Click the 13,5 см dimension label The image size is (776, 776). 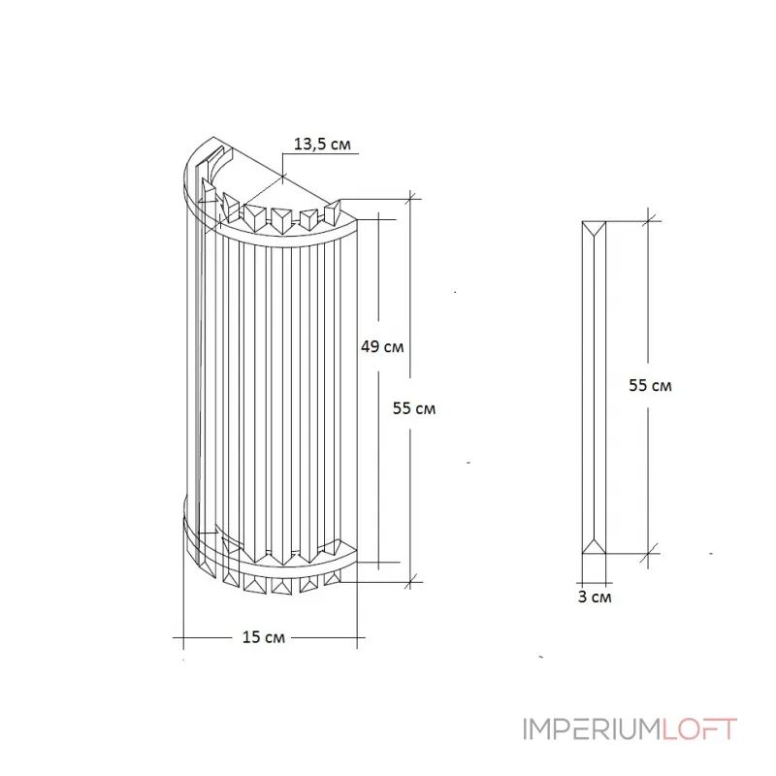click(x=321, y=145)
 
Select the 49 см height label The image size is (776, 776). click(x=381, y=346)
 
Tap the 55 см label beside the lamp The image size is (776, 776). click(x=414, y=408)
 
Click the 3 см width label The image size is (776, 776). click(x=594, y=597)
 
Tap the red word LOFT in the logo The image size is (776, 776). click(x=699, y=729)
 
